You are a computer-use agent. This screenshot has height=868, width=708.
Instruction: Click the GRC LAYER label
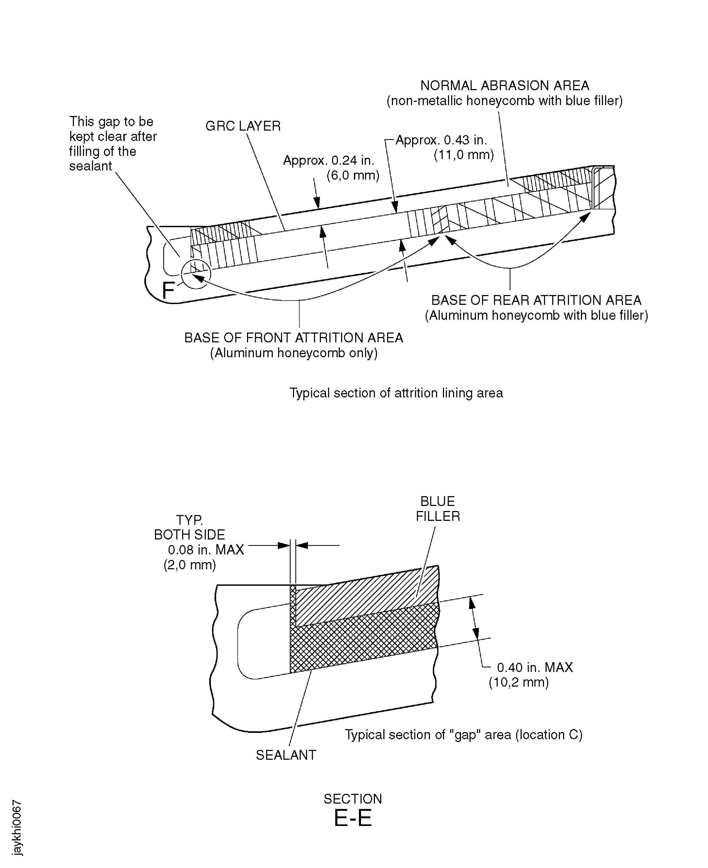click(243, 126)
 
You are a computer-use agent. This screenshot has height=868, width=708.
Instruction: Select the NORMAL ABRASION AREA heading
click(505, 86)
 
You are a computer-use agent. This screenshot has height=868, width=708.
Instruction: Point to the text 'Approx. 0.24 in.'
click(328, 160)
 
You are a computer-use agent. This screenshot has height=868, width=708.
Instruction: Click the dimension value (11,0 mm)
click(464, 155)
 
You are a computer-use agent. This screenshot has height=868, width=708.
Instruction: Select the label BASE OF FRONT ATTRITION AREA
click(294, 338)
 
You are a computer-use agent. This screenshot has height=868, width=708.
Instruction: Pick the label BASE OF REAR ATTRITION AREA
click(536, 300)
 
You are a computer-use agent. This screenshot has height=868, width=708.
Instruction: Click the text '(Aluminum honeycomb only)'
click(294, 353)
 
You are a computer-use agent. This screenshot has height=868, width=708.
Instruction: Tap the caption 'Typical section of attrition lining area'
click(396, 393)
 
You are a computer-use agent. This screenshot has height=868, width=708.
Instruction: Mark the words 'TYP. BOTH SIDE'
click(190, 527)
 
